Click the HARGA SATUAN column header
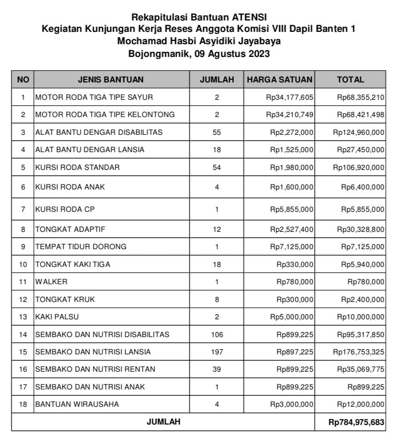(279, 79)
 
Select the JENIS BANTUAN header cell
(111, 79)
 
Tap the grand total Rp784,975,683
(356, 422)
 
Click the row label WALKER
(51, 281)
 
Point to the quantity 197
(217, 352)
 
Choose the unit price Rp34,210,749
(290, 114)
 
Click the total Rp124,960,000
(359, 132)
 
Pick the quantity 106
(217, 334)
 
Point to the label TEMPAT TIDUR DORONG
(81, 246)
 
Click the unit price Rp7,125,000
(292, 246)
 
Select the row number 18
(23, 404)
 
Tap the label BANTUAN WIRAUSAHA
(77, 404)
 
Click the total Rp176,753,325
(359, 352)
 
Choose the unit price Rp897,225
(295, 352)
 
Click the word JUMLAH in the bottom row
(163, 422)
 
